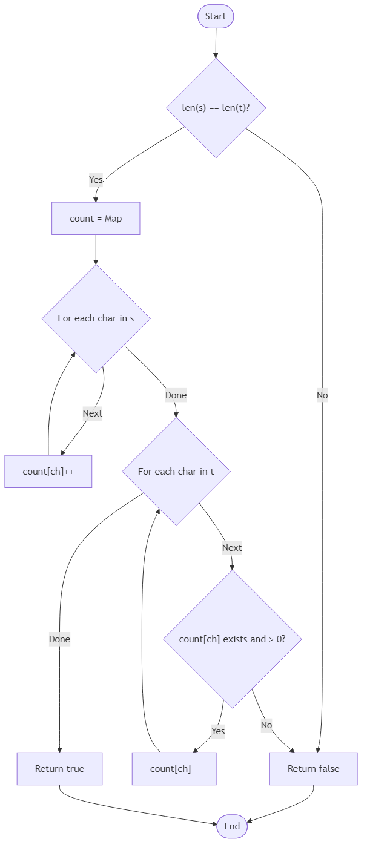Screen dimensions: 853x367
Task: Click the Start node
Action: point(216,16)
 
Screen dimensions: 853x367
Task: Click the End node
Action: point(232,826)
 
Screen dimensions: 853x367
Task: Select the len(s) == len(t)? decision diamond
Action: point(216,108)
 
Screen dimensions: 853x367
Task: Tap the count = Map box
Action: point(96,219)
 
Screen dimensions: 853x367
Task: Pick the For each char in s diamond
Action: point(96,318)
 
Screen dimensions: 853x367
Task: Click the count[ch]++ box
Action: point(48,472)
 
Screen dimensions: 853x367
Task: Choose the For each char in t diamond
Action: point(176,472)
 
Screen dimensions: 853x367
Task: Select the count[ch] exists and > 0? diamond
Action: point(232,639)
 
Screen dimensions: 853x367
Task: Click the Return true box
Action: point(59,769)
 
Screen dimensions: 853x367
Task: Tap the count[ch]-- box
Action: point(174,769)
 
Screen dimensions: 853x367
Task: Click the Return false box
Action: point(313,769)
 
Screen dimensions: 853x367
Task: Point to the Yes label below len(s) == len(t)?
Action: point(96,179)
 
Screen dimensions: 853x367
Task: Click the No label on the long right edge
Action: point(322,395)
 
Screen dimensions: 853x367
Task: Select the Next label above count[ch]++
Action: point(93,413)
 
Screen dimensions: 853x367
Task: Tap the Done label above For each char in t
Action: point(176,395)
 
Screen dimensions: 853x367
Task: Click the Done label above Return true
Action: point(59,639)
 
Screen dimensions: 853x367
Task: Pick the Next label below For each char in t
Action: point(232,548)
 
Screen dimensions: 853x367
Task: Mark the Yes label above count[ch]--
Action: point(218,731)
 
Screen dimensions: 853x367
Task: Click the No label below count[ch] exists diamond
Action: point(266,725)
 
